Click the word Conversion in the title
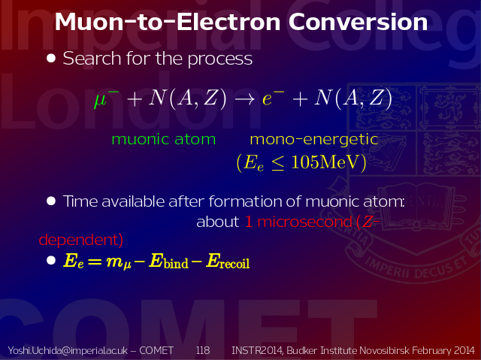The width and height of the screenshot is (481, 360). (x=358, y=22)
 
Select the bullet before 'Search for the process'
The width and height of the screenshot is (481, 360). (x=51, y=59)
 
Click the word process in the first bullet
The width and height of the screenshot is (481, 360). (x=220, y=59)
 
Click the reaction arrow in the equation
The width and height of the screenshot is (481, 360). (x=245, y=98)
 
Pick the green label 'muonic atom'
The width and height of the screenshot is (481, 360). (x=164, y=140)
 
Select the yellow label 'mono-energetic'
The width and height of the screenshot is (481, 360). (x=314, y=140)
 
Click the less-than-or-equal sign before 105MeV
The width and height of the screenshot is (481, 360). (x=277, y=163)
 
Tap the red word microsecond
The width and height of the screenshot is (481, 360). (x=304, y=222)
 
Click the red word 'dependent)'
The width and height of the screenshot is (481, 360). (x=81, y=240)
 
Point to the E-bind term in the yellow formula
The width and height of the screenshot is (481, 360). (x=168, y=262)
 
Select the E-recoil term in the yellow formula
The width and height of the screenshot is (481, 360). (x=228, y=262)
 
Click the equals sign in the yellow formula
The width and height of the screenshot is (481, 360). (x=95, y=262)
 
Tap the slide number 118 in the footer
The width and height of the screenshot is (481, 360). (x=203, y=350)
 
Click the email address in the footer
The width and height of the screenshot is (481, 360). (x=68, y=350)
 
